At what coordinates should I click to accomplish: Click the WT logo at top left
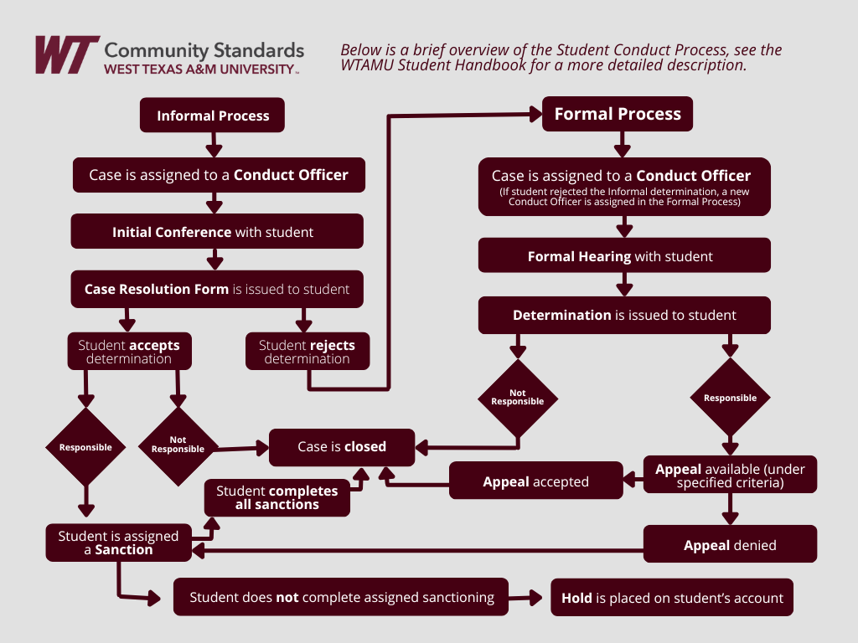click(66, 54)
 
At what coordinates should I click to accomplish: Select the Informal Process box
click(213, 116)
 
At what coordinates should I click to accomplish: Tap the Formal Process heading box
click(618, 114)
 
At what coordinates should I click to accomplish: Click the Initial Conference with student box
click(217, 232)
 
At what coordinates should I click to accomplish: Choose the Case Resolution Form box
click(217, 289)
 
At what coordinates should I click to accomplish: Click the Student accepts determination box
click(129, 352)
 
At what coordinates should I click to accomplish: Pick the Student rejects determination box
click(307, 352)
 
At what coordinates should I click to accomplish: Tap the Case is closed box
click(341, 447)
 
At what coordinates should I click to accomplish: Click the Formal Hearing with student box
click(623, 256)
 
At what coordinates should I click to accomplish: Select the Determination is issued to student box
click(623, 316)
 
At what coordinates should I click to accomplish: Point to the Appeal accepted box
click(536, 481)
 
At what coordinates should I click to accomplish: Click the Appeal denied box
click(730, 545)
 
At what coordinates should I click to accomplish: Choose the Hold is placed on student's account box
click(671, 598)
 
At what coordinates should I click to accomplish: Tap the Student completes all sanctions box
click(277, 497)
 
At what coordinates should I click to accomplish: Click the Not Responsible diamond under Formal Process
click(517, 398)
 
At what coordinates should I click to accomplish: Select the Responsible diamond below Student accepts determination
click(85, 447)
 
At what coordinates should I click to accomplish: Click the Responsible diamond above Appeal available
click(730, 398)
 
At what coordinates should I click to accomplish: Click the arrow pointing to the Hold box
click(528, 598)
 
